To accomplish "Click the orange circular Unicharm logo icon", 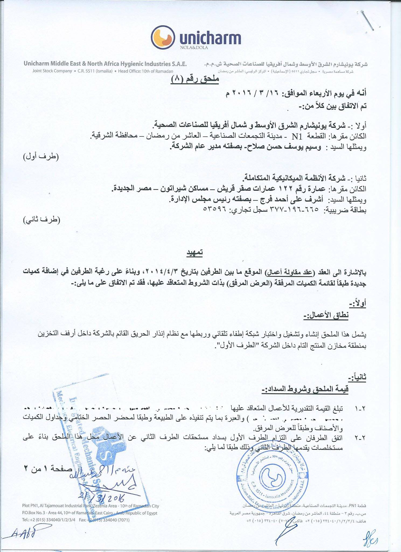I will pos(163,38).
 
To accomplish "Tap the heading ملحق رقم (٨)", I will pos(195,79).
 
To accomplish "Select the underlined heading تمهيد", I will pos(195,252).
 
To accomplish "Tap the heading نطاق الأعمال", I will pos(326,315).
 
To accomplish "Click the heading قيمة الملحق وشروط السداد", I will pos(305,389).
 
